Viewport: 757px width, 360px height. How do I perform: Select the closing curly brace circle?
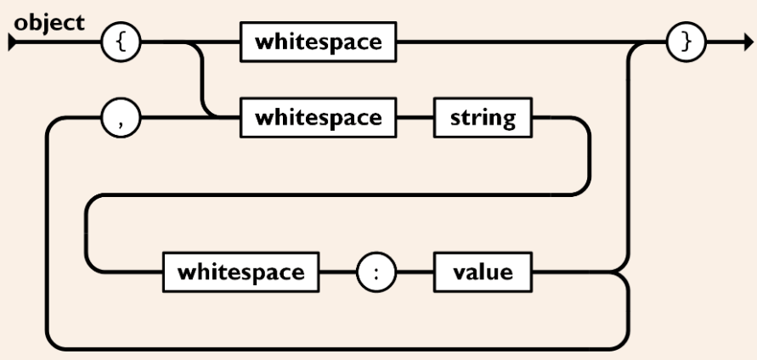[686, 44]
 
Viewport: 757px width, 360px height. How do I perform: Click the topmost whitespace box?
[319, 44]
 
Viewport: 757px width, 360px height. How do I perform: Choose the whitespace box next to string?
[319, 118]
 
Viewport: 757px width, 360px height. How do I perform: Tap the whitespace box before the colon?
[240, 273]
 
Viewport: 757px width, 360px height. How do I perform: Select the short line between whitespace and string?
[417, 118]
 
